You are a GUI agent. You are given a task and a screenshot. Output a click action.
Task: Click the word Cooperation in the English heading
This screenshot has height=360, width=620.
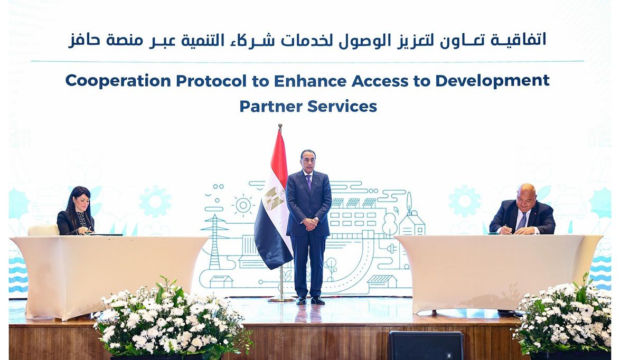118,81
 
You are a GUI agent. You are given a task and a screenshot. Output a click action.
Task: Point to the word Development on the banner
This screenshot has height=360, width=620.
492,81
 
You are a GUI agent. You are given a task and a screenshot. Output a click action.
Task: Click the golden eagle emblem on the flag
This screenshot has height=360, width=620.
275,198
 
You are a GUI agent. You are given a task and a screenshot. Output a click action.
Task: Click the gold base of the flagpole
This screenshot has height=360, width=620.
281,298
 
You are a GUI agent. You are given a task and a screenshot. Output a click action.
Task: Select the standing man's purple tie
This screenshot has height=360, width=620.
308,182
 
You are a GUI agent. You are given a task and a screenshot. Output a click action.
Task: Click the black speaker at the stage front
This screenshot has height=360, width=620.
426,345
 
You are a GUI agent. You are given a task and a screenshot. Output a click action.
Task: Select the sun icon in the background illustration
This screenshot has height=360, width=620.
243,205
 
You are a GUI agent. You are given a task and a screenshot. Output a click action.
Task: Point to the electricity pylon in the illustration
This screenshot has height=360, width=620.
214,241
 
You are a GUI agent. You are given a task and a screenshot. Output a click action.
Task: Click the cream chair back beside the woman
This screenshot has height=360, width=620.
43,230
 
